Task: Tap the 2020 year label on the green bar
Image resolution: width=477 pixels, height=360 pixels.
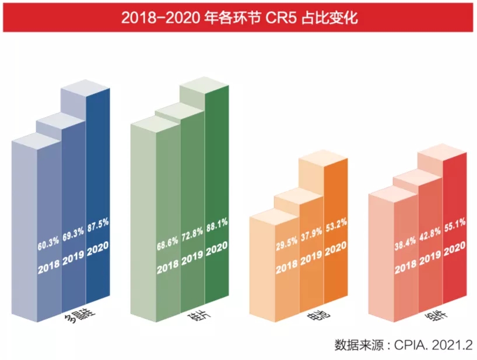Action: (216, 248)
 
